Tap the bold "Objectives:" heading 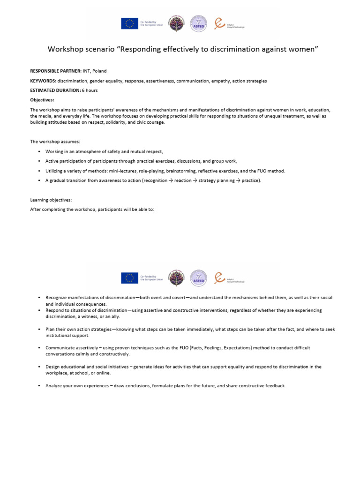point(42,100)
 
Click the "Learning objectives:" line point(51,200)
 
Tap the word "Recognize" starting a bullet point(57,298)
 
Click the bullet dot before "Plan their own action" point(39,330)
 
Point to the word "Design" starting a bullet point(53,367)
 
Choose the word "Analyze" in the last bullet point(54,386)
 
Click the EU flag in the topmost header point(129,23)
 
